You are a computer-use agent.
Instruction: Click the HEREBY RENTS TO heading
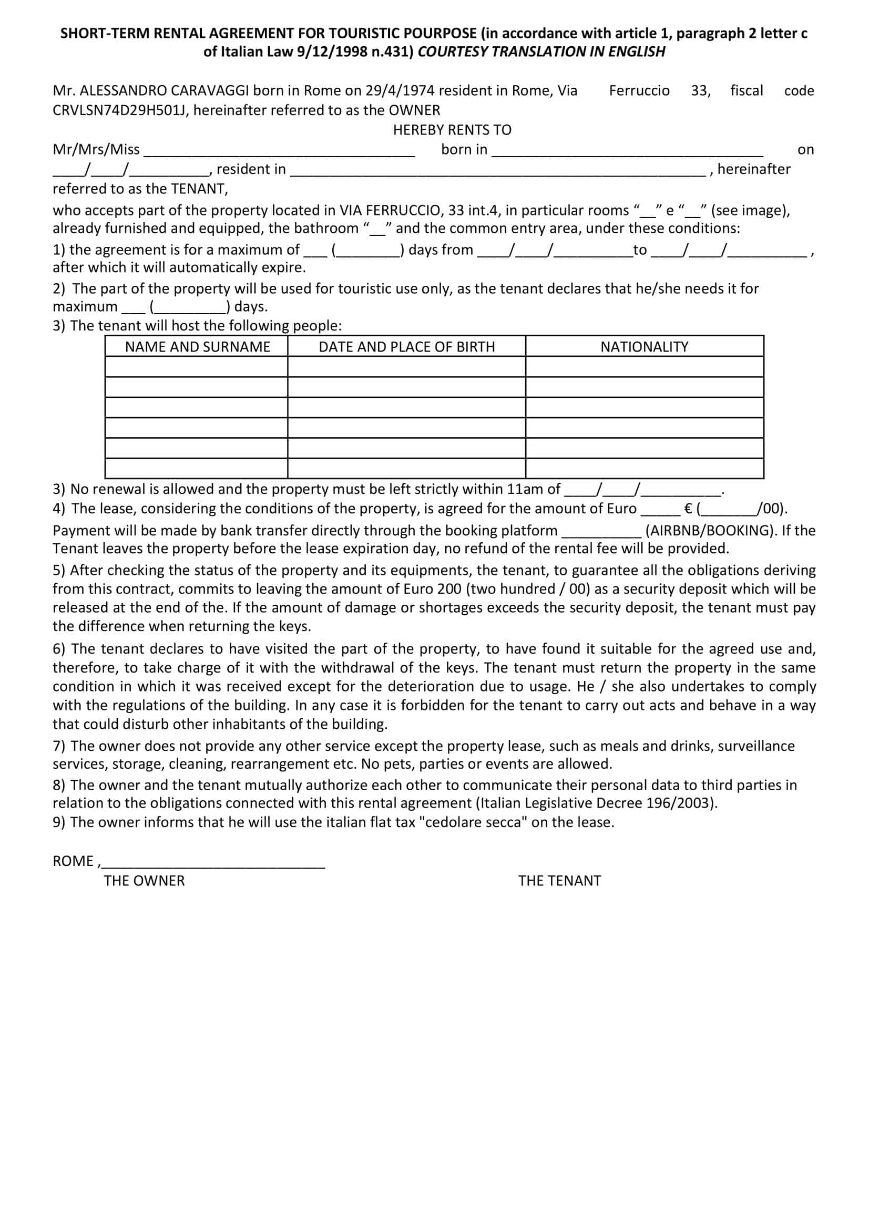pos(452,130)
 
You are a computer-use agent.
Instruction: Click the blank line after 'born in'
pos(627,152)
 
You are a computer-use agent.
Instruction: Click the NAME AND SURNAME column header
pos(198,347)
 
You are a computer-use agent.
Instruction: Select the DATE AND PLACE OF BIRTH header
pos(406,347)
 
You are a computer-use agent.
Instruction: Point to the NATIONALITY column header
pos(644,347)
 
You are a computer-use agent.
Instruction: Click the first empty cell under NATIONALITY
pos(644,367)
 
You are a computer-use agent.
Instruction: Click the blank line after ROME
pos(213,862)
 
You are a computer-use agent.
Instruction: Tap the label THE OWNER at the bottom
pos(144,881)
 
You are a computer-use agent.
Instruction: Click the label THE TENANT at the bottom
pos(559,881)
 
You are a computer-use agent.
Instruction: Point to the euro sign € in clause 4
pos(689,509)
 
